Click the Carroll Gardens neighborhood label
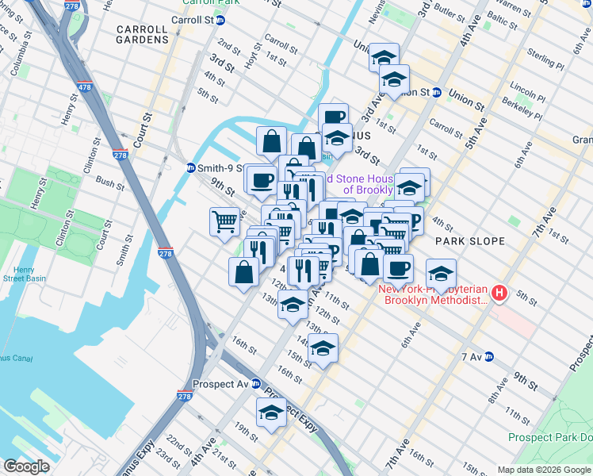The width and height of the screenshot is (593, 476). tap(142, 33)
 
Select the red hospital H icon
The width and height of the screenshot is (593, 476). tap(499, 294)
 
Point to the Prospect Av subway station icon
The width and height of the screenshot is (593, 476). tap(255, 383)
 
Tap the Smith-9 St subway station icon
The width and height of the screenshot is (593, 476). tap(191, 167)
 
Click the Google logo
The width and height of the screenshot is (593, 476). tap(26, 466)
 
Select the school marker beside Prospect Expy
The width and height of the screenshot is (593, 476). tap(271, 413)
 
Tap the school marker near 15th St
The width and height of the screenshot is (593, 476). tap(323, 348)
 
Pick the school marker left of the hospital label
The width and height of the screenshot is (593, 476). tap(441, 274)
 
